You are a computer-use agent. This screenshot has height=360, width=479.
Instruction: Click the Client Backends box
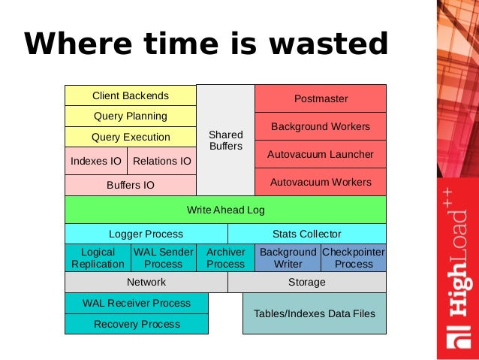point(130,96)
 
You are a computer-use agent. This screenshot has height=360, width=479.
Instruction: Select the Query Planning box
point(130,116)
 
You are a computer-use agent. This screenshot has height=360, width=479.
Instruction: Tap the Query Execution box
point(130,138)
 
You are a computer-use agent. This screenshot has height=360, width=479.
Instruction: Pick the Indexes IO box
point(95,161)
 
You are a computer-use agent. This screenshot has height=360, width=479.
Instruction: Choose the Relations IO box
point(161,161)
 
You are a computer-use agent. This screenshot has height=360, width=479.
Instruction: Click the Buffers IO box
point(130,185)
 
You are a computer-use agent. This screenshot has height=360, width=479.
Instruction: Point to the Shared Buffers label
point(225,141)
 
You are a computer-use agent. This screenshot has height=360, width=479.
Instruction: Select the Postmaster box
point(321,98)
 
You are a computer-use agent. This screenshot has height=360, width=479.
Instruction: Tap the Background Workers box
point(321,127)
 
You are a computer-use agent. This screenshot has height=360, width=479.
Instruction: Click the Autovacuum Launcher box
point(321,155)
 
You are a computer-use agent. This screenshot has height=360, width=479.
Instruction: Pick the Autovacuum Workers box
point(321,182)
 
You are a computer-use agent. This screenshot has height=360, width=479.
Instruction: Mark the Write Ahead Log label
point(225,210)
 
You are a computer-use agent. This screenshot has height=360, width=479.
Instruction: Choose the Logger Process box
point(146,234)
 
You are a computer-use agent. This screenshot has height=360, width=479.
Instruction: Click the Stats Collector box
point(306,234)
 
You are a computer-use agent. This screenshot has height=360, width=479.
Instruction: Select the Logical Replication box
point(98,258)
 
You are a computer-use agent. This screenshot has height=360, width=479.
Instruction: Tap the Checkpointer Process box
point(354,258)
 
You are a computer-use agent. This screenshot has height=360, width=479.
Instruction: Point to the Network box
point(146,282)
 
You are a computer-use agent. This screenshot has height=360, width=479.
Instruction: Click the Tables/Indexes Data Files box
point(314,313)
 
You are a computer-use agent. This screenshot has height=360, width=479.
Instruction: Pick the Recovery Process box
point(136,324)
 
